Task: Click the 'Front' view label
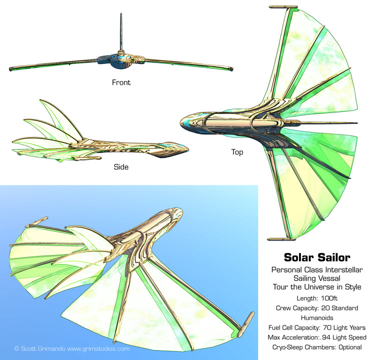point(121,82)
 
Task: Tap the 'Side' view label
point(121,167)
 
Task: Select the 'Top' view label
point(237,152)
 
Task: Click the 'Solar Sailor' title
point(317,257)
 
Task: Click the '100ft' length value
point(329,298)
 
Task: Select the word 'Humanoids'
point(317,318)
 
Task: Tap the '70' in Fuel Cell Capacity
point(326,327)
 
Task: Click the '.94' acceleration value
point(325,337)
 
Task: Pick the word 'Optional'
point(350,347)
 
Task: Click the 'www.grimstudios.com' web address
point(98,349)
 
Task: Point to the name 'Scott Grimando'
point(43,349)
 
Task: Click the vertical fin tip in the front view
point(121,14)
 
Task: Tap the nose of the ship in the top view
point(181,122)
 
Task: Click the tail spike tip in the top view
point(357,123)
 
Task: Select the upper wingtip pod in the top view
point(283,7)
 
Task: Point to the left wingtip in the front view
point(10,69)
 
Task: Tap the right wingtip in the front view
point(231,69)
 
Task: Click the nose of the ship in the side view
point(187,150)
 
